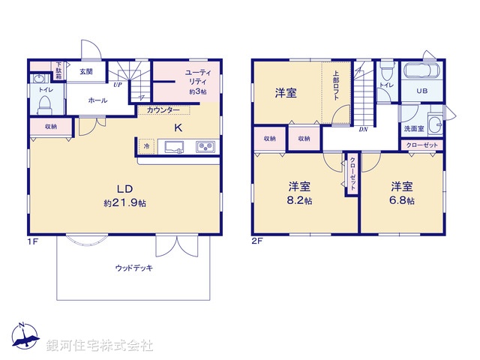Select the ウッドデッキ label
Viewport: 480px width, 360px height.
click(x=135, y=267)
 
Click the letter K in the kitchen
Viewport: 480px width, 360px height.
click(x=178, y=127)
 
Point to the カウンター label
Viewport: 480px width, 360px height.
click(x=163, y=110)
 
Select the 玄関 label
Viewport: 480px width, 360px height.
click(x=85, y=72)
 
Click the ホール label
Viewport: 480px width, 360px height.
click(x=97, y=100)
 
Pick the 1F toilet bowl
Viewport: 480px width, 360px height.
click(x=43, y=101)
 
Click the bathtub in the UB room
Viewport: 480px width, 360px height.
click(x=423, y=73)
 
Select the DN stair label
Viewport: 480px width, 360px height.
click(x=364, y=129)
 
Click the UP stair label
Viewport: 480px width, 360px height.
click(x=118, y=85)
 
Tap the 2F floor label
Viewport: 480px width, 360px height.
click(x=257, y=241)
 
